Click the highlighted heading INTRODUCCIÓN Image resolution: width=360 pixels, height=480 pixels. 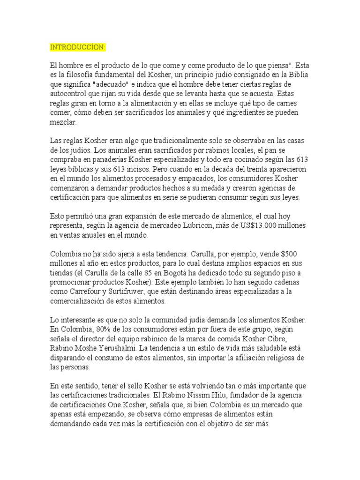coord(78,47)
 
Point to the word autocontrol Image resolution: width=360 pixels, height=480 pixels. coord(69,93)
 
